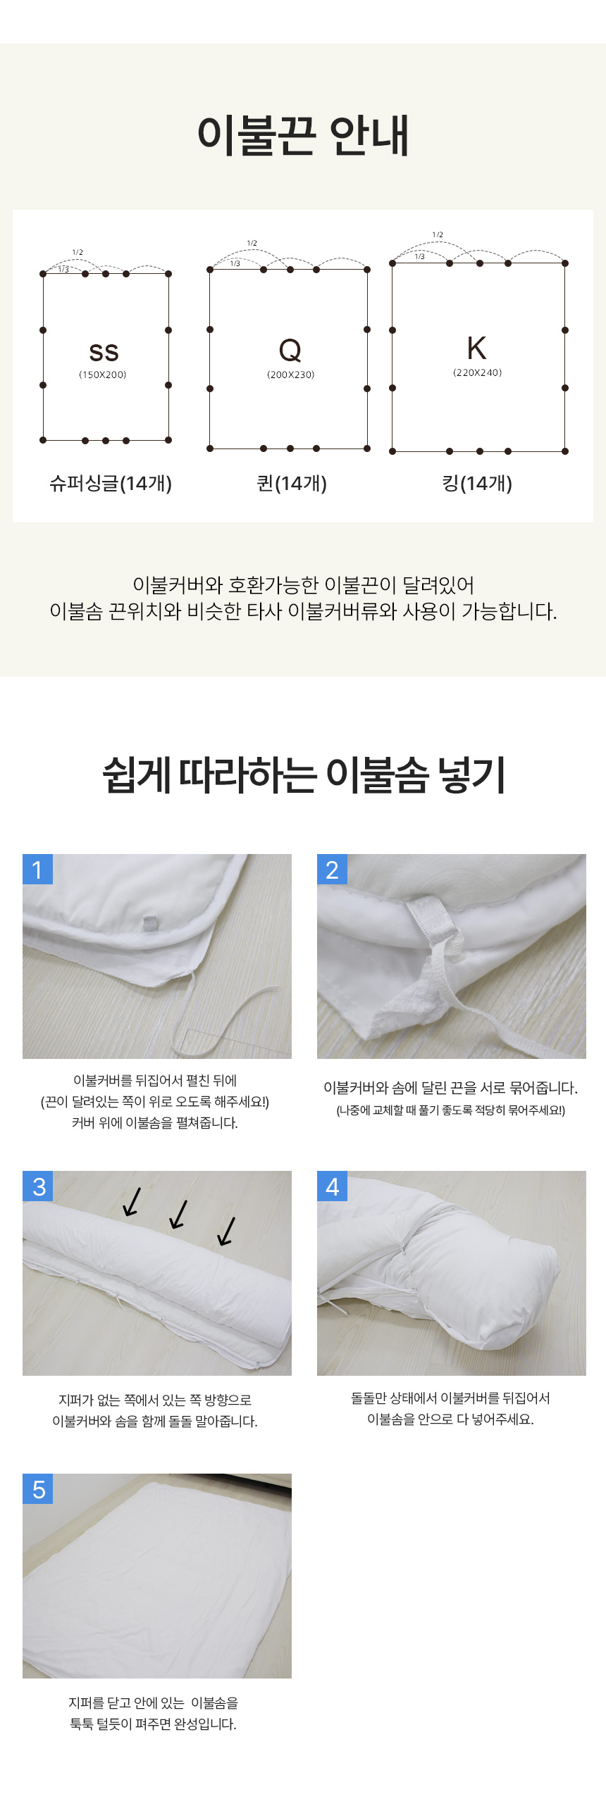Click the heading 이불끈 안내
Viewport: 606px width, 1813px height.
[303, 135]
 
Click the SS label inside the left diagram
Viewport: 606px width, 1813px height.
[104, 352]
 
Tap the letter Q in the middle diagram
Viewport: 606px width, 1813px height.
[290, 350]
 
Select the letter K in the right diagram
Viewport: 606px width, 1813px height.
[476, 348]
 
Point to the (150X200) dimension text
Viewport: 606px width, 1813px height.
[103, 375]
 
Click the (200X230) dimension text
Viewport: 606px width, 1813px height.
[290, 375]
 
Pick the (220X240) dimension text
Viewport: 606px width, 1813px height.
[477, 372]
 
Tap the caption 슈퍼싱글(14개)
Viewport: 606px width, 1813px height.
[111, 483]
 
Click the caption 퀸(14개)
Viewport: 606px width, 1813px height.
[292, 483]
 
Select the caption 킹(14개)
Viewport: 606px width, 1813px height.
[477, 483]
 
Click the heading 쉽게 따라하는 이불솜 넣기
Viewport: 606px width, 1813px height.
[304, 774]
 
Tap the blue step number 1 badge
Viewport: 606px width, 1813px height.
[37, 870]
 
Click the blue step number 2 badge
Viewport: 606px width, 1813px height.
[332, 870]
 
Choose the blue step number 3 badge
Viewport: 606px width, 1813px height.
[37, 1186]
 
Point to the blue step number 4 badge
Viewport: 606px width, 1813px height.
[332, 1186]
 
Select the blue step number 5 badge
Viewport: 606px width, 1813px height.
[37, 1489]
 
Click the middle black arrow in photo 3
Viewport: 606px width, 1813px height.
[179, 1214]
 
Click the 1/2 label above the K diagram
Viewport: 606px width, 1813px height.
[438, 234]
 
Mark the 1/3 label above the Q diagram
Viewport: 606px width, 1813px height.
[235, 263]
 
